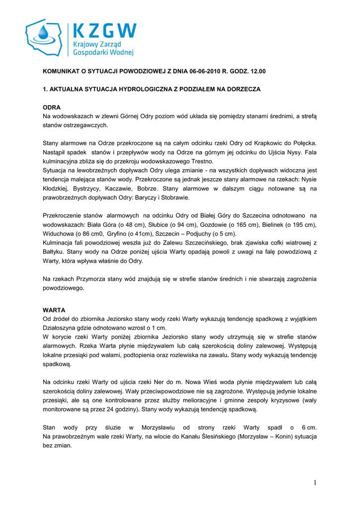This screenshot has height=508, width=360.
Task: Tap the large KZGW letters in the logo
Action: [104, 31]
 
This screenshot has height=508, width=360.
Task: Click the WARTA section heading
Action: [54, 310]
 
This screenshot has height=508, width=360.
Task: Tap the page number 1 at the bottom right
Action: [315, 483]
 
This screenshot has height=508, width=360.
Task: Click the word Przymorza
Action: [91, 279]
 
